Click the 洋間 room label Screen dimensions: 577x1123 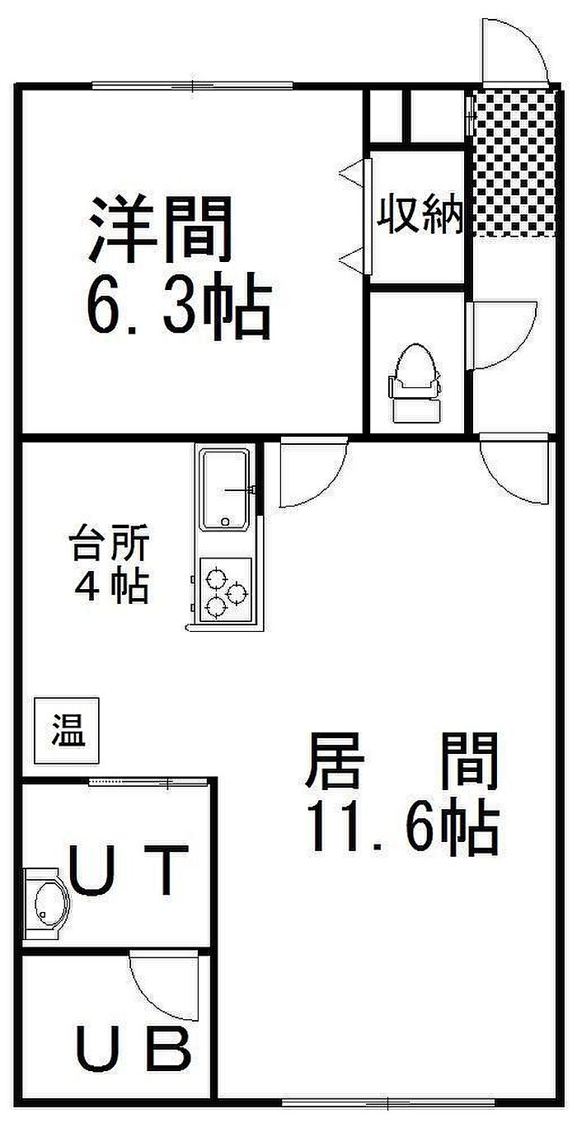[x=160, y=229]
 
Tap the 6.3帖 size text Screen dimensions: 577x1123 [x=179, y=306]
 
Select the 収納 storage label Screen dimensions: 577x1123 [x=420, y=215]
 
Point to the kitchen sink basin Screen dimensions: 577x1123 [x=224, y=489]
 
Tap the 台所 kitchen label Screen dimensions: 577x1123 [x=109, y=543]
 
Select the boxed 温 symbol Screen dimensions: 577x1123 [x=67, y=731]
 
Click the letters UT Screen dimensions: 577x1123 [x=128, y=870]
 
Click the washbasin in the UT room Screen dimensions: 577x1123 [x=47, y=903]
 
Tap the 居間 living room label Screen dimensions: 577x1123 [x=401, y=761]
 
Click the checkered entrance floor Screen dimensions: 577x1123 [x=515, y=162]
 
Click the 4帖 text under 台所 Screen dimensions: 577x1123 [x=111, y=584]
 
